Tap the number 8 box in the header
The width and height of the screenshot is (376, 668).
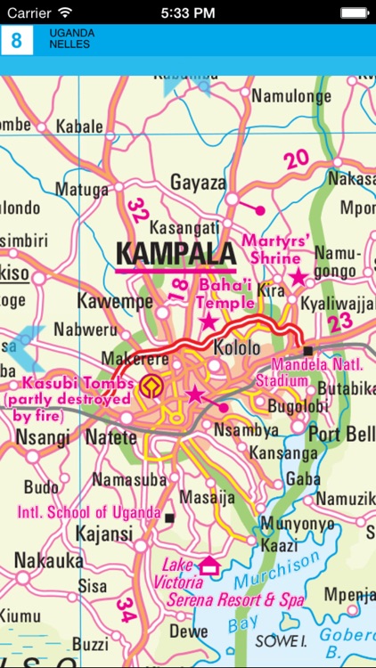tap(16, 40)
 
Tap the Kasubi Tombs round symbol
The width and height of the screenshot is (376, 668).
tap(151, 385)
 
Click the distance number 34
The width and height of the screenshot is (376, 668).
tap(126, 609)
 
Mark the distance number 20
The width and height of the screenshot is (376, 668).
tap(297, 159)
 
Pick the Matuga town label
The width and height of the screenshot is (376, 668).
tap(82, 189)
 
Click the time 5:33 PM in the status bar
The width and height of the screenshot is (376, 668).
tap(188, 12)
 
